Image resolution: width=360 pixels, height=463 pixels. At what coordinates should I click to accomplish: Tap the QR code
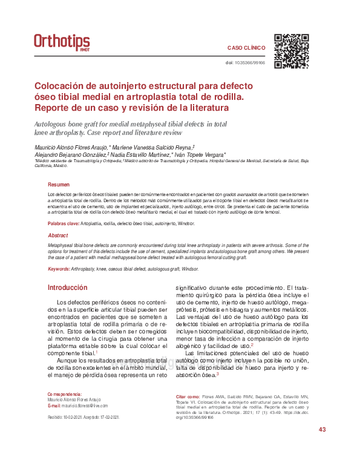(x=292, y=51)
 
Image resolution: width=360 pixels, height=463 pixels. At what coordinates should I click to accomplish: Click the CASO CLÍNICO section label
(x=246, y=47)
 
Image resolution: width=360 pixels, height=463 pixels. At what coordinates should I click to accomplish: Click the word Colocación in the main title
(x=65, y=87)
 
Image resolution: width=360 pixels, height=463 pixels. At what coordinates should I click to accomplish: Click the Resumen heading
(x=59, y=185)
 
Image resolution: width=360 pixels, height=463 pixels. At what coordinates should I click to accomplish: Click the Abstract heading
(x=57, y=235)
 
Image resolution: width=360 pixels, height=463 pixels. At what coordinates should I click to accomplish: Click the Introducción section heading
(x=67, y=287)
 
